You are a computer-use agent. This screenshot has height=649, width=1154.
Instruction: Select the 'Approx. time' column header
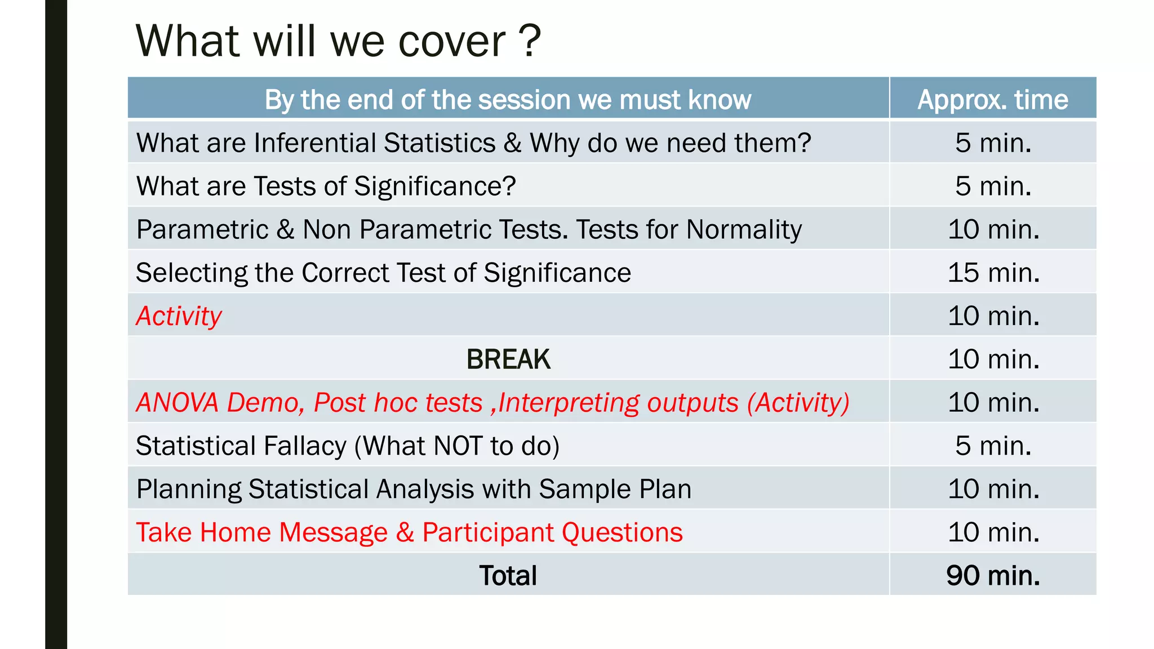point(992,100)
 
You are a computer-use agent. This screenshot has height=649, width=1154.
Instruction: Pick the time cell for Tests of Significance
point(993,186)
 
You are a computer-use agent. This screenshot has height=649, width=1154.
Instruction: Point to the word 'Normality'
point(744,230)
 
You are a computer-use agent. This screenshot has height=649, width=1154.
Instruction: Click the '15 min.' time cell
point(993,273)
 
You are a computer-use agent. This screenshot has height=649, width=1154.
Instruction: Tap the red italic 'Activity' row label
point(179,316)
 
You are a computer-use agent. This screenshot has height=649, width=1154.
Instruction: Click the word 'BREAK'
point(508,359)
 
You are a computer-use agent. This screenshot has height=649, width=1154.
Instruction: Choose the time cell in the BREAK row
point(993,359)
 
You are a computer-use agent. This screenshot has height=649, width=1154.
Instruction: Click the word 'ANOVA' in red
point(177,402)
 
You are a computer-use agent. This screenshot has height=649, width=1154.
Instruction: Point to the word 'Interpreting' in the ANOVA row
point(569,403)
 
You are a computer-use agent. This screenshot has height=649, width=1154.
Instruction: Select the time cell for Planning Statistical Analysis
point(993,489)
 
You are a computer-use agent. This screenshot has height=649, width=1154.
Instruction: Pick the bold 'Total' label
point(508,576)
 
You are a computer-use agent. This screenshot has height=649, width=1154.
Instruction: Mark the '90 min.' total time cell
point(993,576)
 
